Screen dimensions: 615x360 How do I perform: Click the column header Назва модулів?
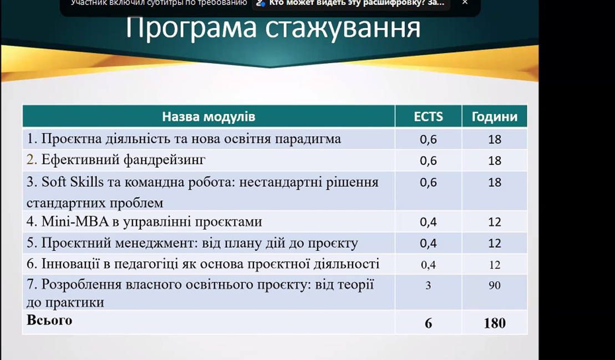click(209, 116)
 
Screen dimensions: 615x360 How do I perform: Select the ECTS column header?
click(428, 116)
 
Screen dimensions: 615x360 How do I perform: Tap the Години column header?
click(495, 117)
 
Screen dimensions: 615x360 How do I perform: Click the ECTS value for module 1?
click(428, 140)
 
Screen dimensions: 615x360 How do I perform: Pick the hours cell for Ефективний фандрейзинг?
click(495, 160)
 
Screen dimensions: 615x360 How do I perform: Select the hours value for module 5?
click(495, 243)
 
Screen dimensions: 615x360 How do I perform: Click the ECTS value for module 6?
click(428, 265)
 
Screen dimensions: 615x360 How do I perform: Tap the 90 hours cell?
click(495, 285)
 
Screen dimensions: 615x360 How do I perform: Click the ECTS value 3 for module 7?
click(428, 285)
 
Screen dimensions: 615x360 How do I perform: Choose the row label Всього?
click(49, 321)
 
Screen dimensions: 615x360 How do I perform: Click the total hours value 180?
click(495, 323)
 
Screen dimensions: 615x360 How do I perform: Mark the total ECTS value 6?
click(428, 323)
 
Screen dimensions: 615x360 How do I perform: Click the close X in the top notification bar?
click(465, 3)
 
